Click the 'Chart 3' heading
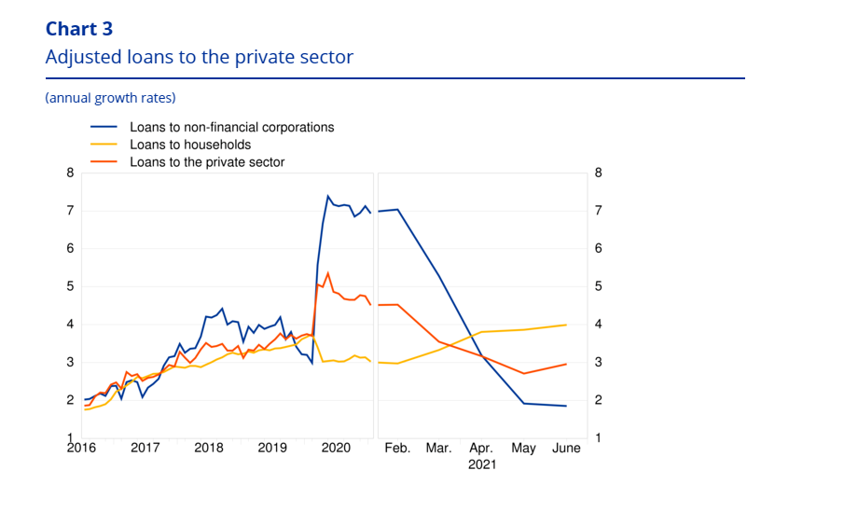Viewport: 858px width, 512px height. [79, 28]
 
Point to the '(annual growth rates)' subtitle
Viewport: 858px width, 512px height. [110, 97]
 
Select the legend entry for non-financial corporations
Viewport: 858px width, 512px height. [231, 127]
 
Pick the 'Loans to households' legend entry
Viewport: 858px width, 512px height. [190, 145]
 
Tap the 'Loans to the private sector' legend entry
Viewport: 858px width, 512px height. [207, 161]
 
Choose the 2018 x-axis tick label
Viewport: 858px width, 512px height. [208, 448]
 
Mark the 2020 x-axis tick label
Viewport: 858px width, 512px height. [335, 448]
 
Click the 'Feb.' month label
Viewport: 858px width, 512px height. [398, 448]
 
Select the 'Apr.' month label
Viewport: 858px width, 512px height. [482, 448]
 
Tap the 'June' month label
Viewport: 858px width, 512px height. [566, 448]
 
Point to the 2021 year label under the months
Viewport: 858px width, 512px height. [482, 464]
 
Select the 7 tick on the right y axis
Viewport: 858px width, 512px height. [598, 211]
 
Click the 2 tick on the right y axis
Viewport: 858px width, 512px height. [598, 400]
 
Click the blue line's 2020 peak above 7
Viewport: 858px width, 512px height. [328, 196]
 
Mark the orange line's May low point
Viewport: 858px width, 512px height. [524, 373]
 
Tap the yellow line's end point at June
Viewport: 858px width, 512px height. [566, 325]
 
